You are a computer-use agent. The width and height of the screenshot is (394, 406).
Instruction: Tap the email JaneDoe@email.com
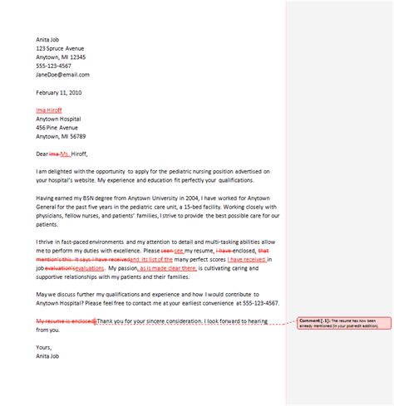[x=61, y=74]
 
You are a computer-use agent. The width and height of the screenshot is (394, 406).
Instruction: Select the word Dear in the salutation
[x=42, y=154]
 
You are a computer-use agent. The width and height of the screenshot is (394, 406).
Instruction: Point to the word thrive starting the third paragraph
[x=47, y=241]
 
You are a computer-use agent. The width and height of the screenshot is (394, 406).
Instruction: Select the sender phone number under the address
[x=54, y=66]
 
